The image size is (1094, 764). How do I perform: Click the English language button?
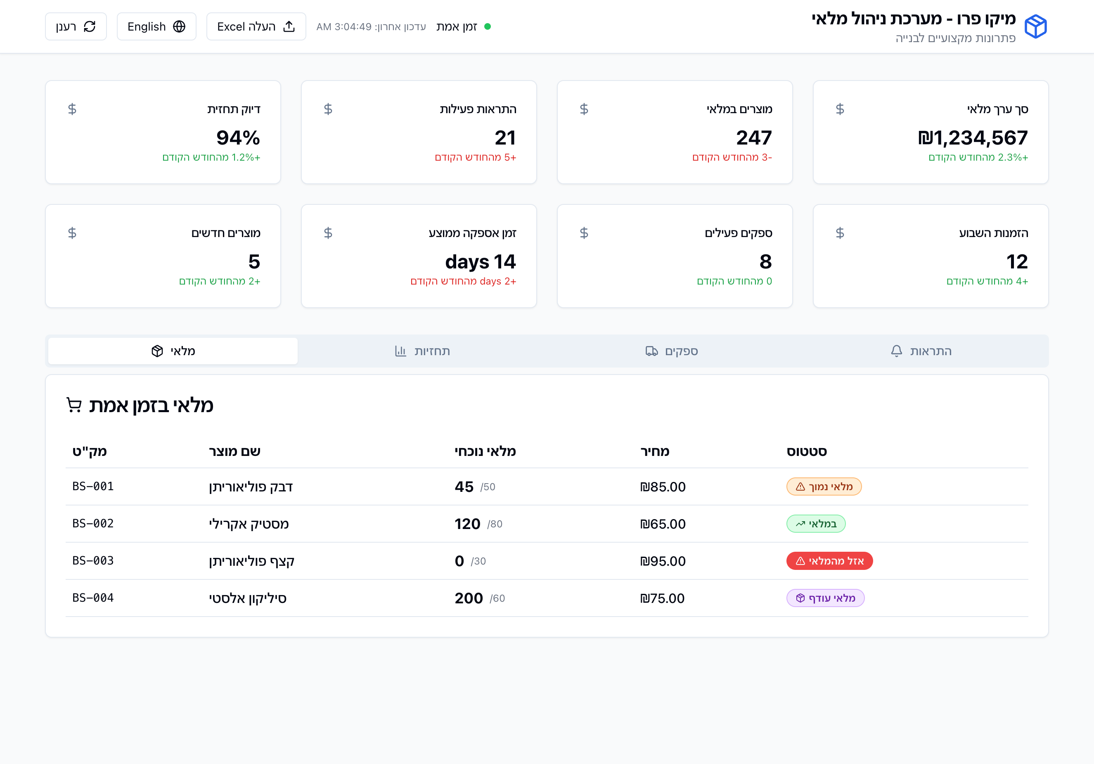tap(156, 27)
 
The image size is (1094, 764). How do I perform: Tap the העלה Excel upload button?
tap(256, 27)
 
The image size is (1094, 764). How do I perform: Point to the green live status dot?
tap(488, 27)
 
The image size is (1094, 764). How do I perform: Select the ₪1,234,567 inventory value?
tap(973, 138)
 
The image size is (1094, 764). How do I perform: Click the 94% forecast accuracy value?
tap(238, 138)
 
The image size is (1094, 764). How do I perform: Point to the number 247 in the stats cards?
tap(754, 138)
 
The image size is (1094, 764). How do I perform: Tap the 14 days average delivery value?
tap(480, 262)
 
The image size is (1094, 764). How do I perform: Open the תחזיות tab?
tap(423, 351)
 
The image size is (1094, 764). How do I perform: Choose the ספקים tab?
tap(672, 351)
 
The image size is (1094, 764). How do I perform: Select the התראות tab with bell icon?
tap(921, 351)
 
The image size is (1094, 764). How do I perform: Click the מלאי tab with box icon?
tap(173, 351)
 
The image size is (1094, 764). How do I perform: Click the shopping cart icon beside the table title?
tap(74, 405)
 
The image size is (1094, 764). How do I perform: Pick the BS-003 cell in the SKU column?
tap(93, 560)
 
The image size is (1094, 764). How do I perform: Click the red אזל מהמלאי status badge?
tap(829, 561)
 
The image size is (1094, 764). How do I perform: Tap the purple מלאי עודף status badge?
tap(825, 598)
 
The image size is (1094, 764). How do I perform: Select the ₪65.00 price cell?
tap(663, 524)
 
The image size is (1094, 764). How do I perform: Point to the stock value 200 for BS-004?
tap(469, 598)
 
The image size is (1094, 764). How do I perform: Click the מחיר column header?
tap(655, 451)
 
